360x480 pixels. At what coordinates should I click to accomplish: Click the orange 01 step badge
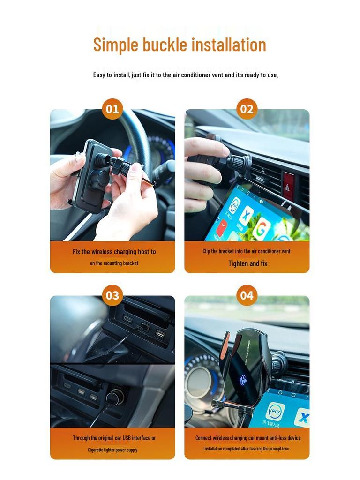tap(112, 109)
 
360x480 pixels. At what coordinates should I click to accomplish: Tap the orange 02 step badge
tap(247, 109)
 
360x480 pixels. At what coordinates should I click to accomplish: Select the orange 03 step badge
tap(112, 296)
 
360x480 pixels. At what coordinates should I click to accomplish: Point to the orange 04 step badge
tap(247, 296)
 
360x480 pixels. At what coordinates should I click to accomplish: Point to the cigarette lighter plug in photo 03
tap(114, 398)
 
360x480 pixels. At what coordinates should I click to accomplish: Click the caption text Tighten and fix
tap(247, 263)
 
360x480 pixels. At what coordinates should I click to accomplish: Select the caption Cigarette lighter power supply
tap(112, 450)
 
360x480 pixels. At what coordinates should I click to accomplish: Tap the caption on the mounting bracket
tap(114, 263)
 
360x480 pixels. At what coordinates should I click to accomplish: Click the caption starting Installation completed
tap(247, 449)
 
